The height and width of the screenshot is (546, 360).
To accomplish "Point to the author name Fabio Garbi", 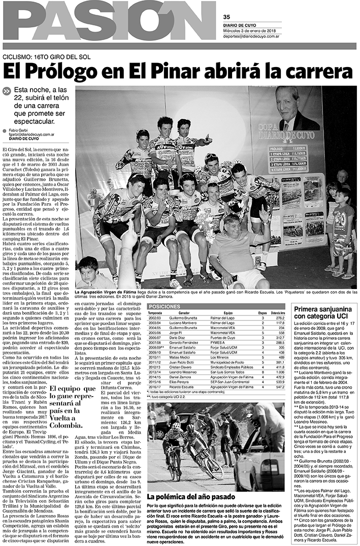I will [20, 130].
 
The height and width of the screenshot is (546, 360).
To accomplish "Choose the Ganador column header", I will [184, 313].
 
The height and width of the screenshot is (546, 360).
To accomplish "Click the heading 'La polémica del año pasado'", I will [190, 496].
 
